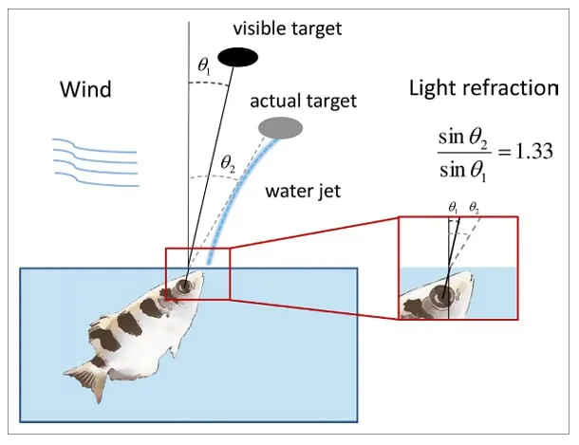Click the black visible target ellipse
(x=237, y=58)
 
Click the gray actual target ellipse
(x=281, y=126)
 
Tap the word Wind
(x=85, y=90)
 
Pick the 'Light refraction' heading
(x=483, y=89)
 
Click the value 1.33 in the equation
(x=531, y=150)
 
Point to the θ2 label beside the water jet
(x=228, y=164)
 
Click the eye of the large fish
(x=182, y=283)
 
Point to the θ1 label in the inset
(x=455, y=205)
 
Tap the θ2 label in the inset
(x=474, y=205)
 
